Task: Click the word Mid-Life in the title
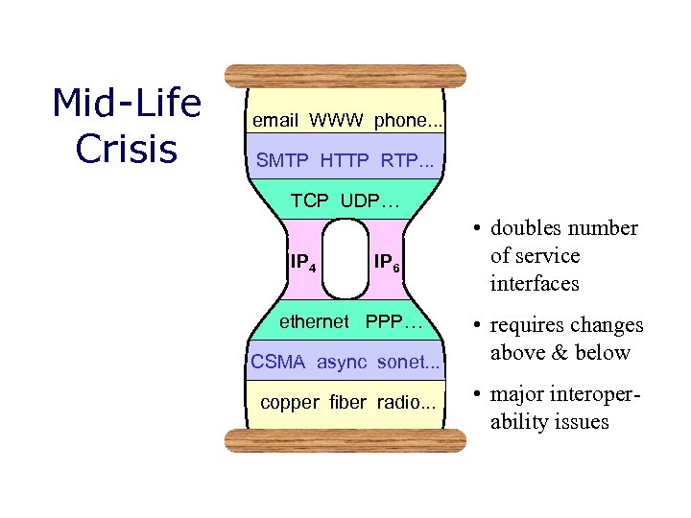pyautogui.click(x=126, y=104)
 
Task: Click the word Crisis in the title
pyautogui.click(x=126, y=149)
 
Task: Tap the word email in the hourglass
pyautogui.click(x=274, y=120)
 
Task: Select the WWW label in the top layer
pyautogui.click(x=336, y=120)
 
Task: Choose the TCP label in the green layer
pyautogui.click(x=309, y=200)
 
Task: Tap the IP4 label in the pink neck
pyautogui.click(x=304, y=260)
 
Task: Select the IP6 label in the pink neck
pyautogui.click(x=387, y=262)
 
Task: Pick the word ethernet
pyautogui.click(x=314, y=321)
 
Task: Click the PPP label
pyautogui.click(x=393, y=321)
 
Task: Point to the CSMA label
pyautogui.click(x=277, y=362)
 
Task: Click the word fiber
pyautogui.click(x=347, y=402)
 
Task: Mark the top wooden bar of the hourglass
pyautogui.click(x=345, y=76)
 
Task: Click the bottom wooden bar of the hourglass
pyautogui.click(x=345, y=440)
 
